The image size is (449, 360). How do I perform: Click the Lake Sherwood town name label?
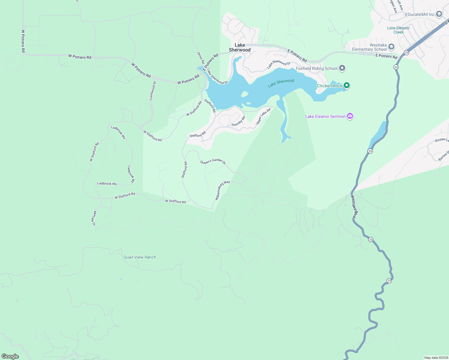(240, 47)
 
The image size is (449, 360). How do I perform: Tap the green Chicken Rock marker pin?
(347, 85)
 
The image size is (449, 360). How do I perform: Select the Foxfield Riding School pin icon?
(342, 68)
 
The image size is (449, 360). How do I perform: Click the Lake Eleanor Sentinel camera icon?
(350, 116)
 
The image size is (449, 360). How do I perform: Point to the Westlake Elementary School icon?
(391, 47)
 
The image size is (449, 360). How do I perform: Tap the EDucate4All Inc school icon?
(439, 14)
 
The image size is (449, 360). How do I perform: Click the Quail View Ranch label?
(140, 257)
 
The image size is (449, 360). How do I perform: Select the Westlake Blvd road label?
(355, 206)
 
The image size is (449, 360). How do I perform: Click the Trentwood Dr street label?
(153, 91)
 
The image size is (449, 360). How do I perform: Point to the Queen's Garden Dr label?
(213, 161)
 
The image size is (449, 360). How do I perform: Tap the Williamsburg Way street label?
(222, 190)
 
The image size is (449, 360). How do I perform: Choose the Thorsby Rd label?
(238, 121)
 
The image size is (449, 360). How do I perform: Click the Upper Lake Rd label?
(263, 116)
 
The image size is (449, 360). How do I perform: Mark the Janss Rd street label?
(200, 58)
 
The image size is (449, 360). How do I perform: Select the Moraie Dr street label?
(94, 218)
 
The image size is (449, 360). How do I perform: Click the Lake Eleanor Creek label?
(398, 30)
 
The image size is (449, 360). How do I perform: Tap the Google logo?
(10, 356)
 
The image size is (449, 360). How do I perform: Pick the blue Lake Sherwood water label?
(281, 83)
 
